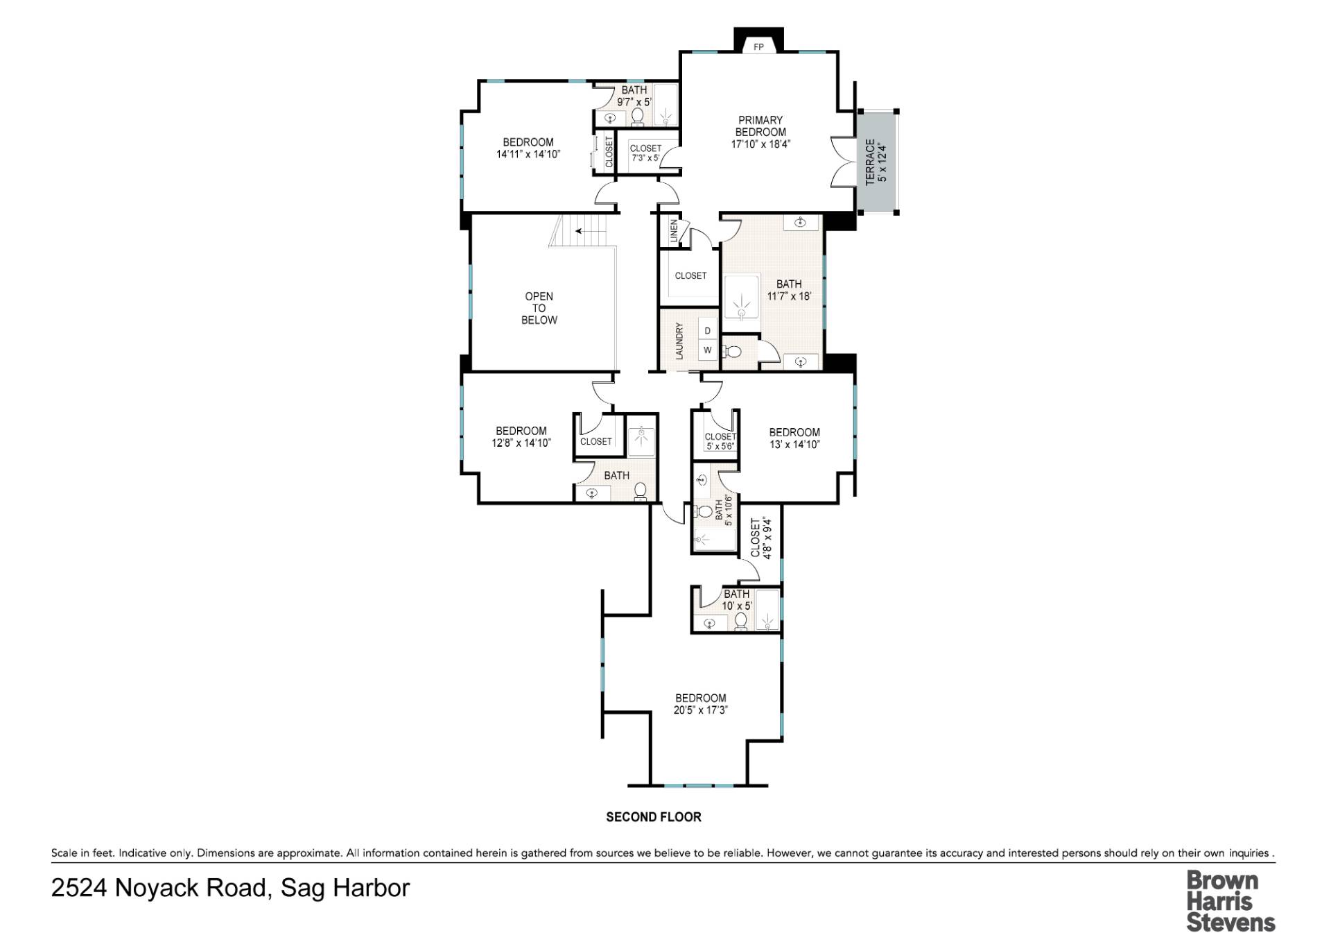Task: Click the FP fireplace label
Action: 758,47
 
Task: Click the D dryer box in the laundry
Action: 707,331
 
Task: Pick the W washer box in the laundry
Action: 707,350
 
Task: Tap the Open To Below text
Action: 539,308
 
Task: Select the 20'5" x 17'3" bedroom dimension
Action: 700,710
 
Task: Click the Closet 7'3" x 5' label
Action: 645,153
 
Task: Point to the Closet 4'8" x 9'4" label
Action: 760,538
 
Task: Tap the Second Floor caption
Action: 653,817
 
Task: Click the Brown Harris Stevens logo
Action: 1230,901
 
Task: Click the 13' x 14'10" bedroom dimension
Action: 794,445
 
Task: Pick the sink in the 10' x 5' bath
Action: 709,623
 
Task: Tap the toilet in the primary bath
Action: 733,352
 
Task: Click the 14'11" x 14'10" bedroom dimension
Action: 528,155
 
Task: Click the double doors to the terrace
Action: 840,162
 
